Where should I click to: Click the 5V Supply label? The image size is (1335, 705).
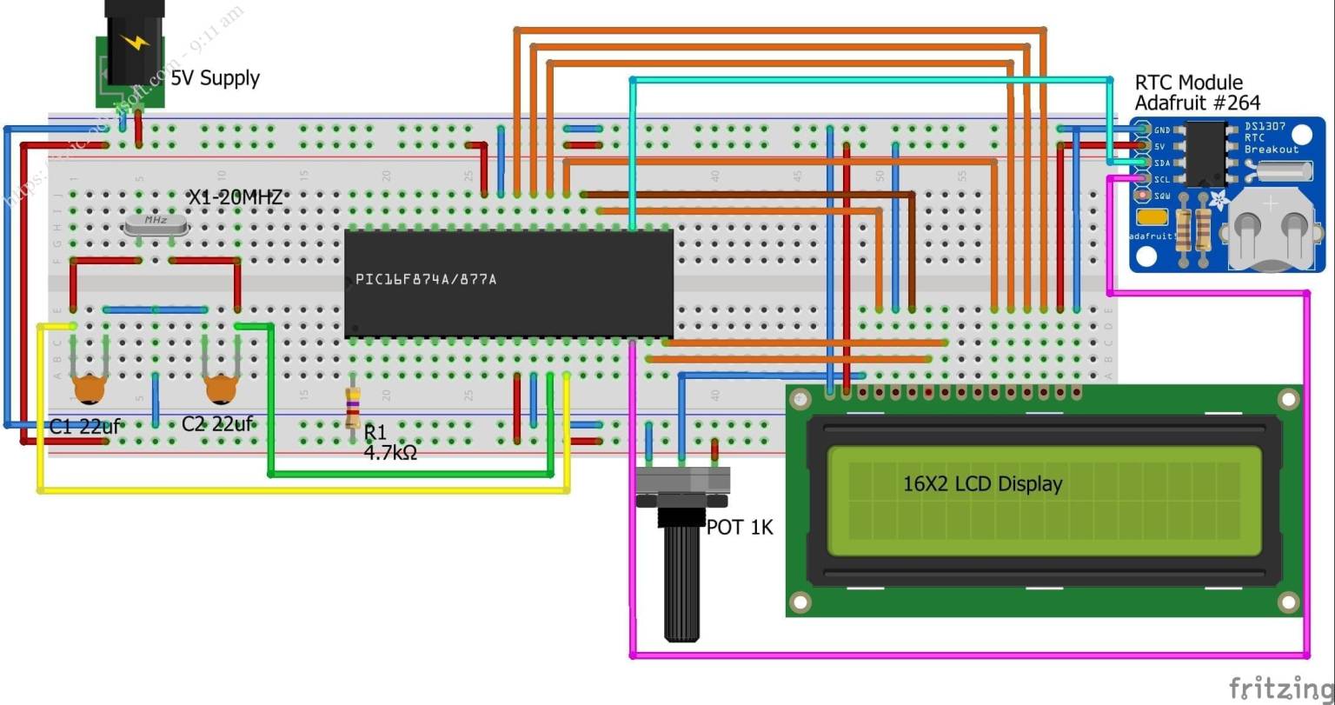[215, 78]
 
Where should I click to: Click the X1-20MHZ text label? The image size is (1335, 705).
[236, 198]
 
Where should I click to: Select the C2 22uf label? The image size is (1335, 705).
[217, 424]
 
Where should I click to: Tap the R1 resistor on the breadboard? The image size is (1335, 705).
[353, 407]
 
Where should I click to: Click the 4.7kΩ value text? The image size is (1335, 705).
[390, 452]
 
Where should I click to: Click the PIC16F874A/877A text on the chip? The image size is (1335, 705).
[426, 280]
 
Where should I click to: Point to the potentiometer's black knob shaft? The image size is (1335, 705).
[682, 582]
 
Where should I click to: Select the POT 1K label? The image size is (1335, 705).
[740, 528]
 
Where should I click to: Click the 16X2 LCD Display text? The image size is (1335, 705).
[982, 484]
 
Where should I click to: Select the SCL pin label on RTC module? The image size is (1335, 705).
[1162, 179]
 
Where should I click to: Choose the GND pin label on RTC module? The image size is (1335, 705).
[1161, 130]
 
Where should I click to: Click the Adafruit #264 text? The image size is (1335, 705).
[1197, 103]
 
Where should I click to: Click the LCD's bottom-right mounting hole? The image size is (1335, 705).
[1287, 602]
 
